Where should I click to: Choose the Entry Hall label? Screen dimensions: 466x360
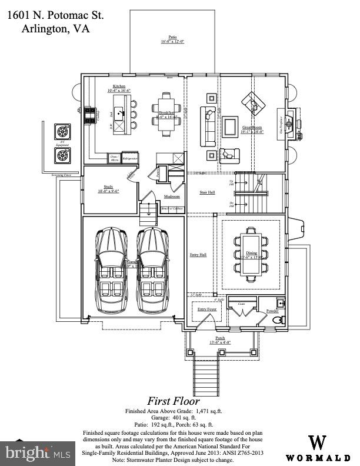[x=198, y=255]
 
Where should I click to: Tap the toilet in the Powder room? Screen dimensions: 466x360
[x=278, y=319]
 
